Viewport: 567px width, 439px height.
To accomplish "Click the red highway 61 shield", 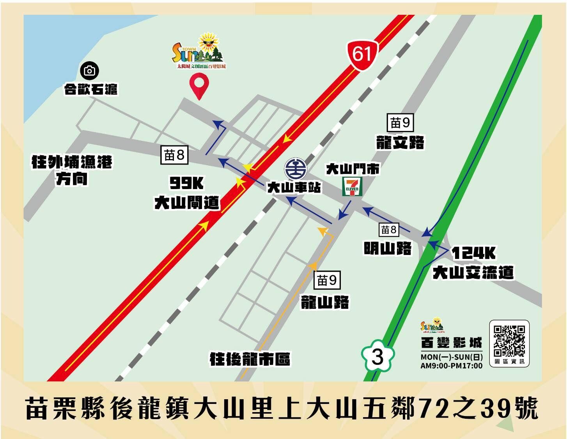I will coord(362,55).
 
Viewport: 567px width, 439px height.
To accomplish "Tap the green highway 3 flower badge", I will coord(377,356).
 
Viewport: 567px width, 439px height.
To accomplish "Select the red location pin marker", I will coord(199,85).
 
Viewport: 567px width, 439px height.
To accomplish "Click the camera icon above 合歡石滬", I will coord(90,71).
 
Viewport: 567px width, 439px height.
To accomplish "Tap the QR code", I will coord(509,341).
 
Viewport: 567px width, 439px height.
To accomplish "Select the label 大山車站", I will coord(294,188).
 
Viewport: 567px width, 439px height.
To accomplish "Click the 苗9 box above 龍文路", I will coord(400,123).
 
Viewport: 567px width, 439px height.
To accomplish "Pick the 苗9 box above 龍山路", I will coord(327,280).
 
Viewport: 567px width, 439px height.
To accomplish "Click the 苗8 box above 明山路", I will coord(388,230).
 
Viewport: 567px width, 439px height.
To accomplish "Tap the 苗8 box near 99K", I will coord(174,155).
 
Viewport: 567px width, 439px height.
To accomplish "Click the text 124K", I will coord(473,253).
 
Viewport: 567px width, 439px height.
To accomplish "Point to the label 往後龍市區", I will coord(250,359).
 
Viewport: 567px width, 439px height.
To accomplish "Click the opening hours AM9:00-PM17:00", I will coord(451,366).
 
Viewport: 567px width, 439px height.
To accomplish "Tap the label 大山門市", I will coord(353,169).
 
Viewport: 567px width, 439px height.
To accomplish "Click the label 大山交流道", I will coord(473,273).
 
